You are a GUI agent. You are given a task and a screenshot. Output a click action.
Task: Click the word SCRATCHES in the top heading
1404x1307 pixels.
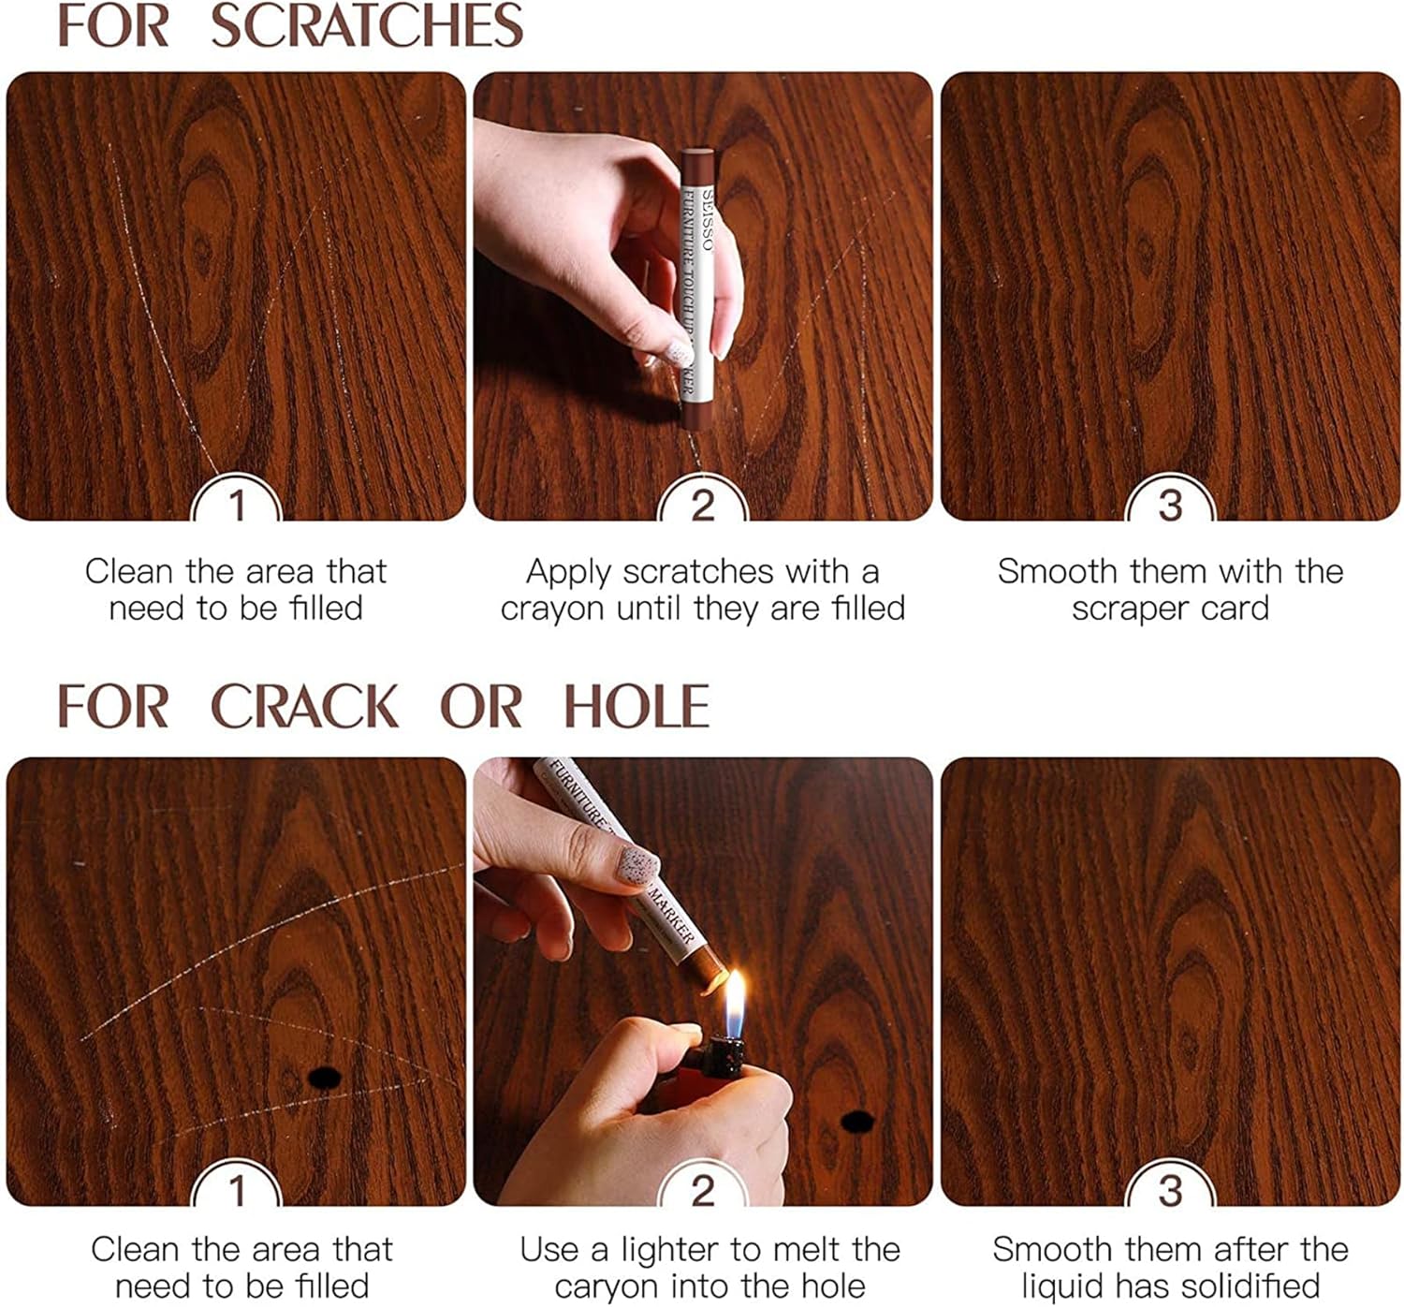click(x=366, y=26)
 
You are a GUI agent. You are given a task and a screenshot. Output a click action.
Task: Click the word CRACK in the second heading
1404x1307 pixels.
click(x=304, y=707)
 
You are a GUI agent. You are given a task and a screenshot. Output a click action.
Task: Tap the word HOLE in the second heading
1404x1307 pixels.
click(x=636, y=707)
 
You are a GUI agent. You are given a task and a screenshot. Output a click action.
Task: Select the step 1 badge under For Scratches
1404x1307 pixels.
click(x=236, y=506)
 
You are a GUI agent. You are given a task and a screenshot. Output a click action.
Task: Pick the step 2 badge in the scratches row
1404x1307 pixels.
click(x=702, y=506)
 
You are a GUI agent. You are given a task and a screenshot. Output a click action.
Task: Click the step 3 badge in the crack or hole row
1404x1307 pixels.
click(x=1170, y=1191)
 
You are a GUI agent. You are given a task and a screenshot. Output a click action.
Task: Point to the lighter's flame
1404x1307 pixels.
click(x=736, y=1002)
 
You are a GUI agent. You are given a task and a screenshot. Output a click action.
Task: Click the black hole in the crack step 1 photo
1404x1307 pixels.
click(x=323, y=1078)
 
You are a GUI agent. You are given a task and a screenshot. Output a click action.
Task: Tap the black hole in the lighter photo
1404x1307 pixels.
click(x=856, y=1120)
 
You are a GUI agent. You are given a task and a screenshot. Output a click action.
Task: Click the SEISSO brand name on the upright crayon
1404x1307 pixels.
click(x=708, y=221)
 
